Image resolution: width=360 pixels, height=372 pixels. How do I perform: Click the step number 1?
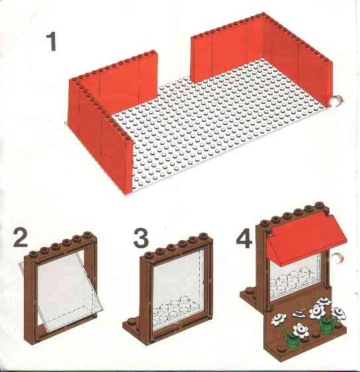click(x=52, y=42)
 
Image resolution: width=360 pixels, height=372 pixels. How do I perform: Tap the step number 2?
click(x=21, y=238)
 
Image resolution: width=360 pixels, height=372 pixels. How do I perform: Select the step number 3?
click(x=141, y=238)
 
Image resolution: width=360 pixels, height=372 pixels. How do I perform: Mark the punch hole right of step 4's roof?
click(x=337, y=259)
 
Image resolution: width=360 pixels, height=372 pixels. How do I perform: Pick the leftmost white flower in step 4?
click(x=279, y=319)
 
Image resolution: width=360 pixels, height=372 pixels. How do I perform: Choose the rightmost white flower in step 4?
click(x=339, y=313)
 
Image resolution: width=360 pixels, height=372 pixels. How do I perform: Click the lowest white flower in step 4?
click(x=300, y=330)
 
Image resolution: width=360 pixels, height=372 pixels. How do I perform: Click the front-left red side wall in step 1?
click(x=101, y=134)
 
